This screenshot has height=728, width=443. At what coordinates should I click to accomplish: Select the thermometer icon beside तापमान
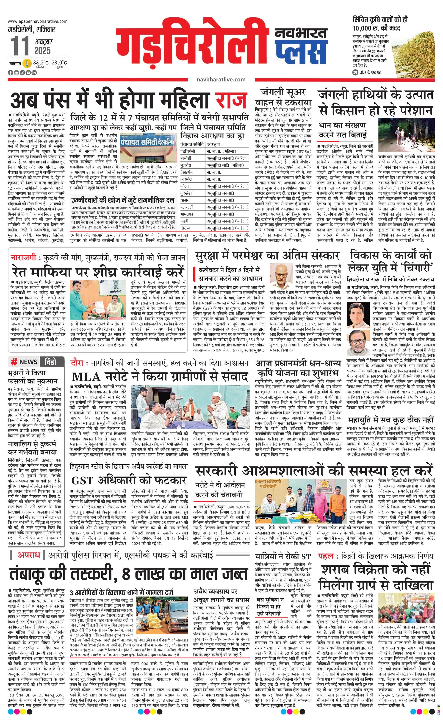(27, 63)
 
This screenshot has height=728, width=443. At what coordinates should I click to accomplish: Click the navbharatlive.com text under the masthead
(221, 79)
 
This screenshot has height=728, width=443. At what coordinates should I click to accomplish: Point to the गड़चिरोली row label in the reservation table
(188, 151)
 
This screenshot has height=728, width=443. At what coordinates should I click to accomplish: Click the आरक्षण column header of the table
(213, 144)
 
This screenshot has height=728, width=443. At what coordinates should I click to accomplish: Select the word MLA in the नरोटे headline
(86, 377)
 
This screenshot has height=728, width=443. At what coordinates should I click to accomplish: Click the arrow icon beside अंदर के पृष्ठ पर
(355, 72)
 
